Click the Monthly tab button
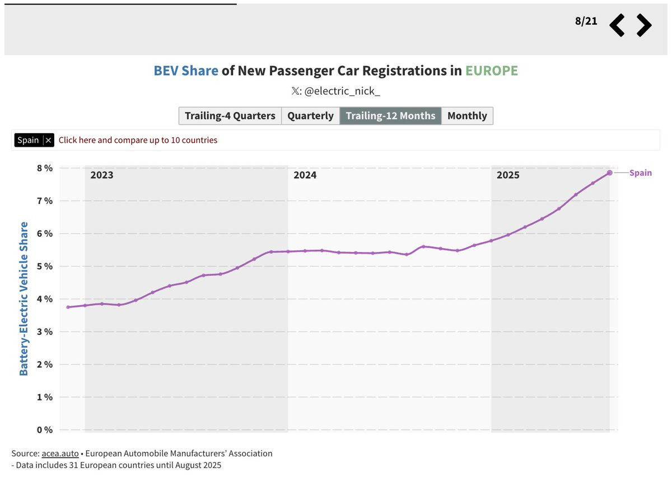point(467,116)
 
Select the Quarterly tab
point(310,116)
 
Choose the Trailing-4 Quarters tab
point(230,116)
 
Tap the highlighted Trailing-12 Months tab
point(390,116)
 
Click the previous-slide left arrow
point(617,25)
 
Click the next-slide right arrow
point(644,25)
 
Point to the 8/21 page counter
point(586,21)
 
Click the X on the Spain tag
point(48,140)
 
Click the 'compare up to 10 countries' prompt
point(138,140)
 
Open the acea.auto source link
point(60,454)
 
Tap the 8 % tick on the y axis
point(45,168)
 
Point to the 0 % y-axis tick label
point(45,430)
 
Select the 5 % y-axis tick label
point(45,266)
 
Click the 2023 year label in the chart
point(102,175)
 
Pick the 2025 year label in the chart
point(508,175)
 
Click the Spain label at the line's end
point(641,173)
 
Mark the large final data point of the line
point(610,173)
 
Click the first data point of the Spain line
point(68,307)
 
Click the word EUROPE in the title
point(492,71)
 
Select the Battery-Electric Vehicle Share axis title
point(24,299)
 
